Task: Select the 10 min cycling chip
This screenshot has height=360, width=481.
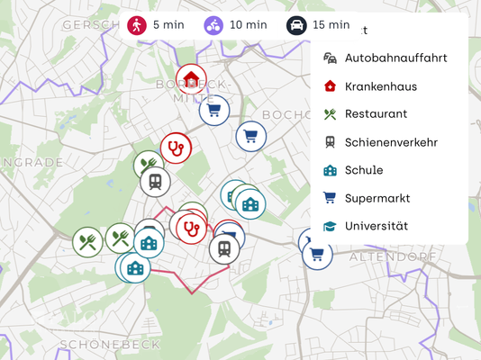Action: tap(235, 25)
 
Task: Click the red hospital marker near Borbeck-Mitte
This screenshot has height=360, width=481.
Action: tap(191, 79)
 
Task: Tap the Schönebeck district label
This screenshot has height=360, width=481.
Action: tap(110, 344)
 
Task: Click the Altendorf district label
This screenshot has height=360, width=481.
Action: tap(386, 256)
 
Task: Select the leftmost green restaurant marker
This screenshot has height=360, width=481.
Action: tap(87, 242)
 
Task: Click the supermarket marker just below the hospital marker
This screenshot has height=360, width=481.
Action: tap(214, 111)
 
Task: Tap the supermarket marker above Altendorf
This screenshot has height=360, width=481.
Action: tap(316, 255)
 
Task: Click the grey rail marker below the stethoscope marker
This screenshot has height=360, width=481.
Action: tap(155, 181)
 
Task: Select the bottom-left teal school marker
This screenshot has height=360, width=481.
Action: tap(135, 267)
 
